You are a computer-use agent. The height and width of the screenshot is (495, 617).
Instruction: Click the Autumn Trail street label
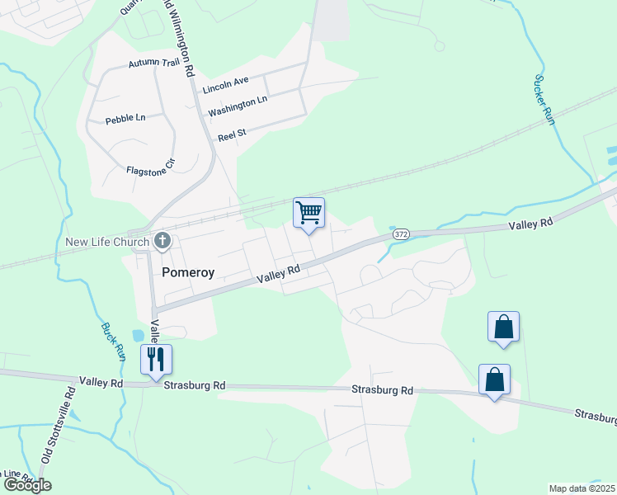point(153,64)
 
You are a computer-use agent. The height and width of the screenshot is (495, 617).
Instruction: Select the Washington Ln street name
point(238,106)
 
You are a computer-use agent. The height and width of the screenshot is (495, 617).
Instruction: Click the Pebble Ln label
point(125,119)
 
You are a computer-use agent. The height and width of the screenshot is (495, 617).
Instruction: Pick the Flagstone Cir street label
point(151,167)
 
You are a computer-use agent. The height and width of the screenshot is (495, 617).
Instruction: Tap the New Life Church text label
point(107,242)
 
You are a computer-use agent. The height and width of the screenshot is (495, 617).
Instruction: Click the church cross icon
point(162,242)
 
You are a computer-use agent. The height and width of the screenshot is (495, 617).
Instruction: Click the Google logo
point(26,485)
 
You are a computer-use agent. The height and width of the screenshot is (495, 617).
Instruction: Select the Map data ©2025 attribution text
point(582,488)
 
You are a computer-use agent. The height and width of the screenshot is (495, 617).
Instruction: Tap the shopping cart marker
point(308,213)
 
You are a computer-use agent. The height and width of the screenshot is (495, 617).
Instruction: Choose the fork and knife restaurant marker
point(155,360)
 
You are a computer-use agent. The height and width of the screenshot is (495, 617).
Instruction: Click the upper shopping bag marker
point(503,328)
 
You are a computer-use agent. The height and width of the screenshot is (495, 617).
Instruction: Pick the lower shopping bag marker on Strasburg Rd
point(494,379)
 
